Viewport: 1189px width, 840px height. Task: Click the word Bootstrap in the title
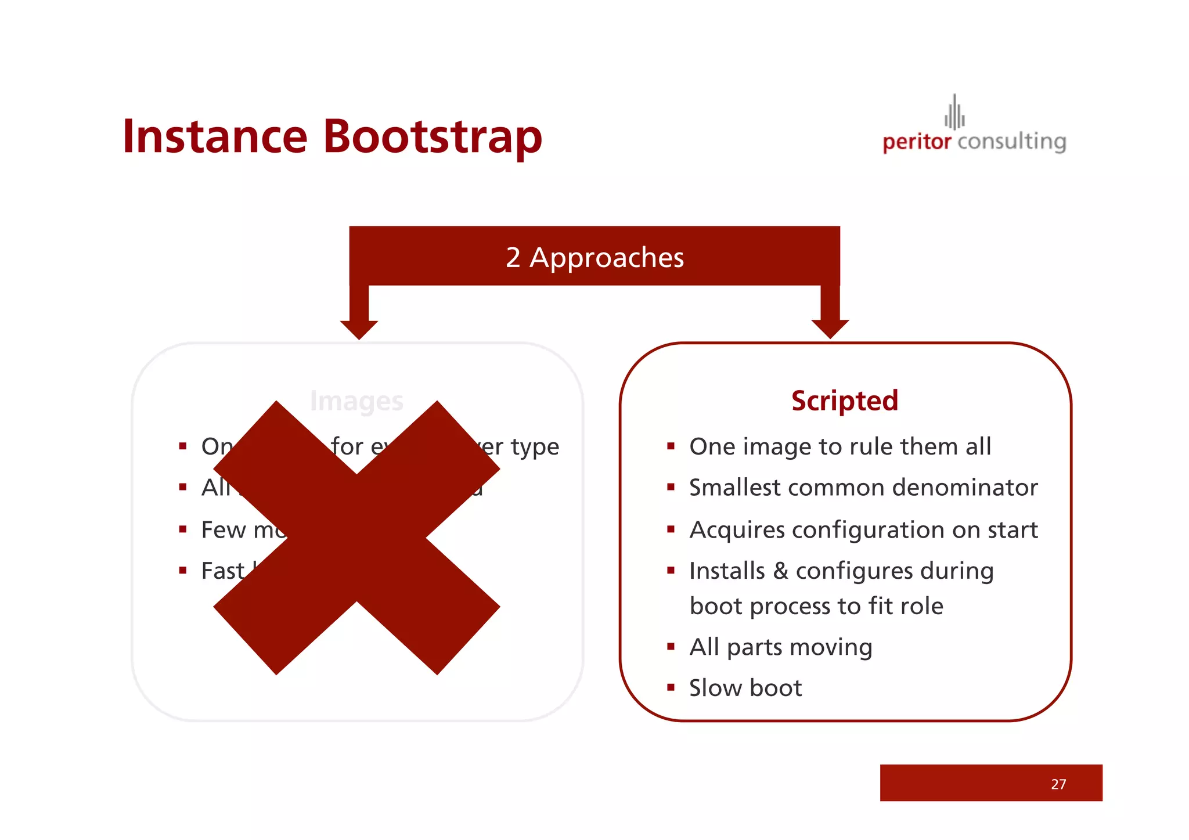point(432,138)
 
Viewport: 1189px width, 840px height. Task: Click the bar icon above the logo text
point(954,113)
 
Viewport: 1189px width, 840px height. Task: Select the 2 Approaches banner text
point(594,258)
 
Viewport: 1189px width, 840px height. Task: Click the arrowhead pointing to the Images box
point(359,329)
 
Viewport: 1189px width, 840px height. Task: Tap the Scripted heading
point(844,401)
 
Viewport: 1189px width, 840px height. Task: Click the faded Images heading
point(356,401)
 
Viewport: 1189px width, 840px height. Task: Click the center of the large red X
point(356,538)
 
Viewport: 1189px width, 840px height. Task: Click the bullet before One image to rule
point(671,446)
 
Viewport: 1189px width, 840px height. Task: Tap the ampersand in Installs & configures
point(780,571)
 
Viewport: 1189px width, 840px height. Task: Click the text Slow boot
point(745,688)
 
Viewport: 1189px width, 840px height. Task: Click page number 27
point(1058,784)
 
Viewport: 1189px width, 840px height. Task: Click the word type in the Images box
point(535,447)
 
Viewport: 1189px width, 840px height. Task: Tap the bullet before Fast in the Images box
point(183,571)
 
